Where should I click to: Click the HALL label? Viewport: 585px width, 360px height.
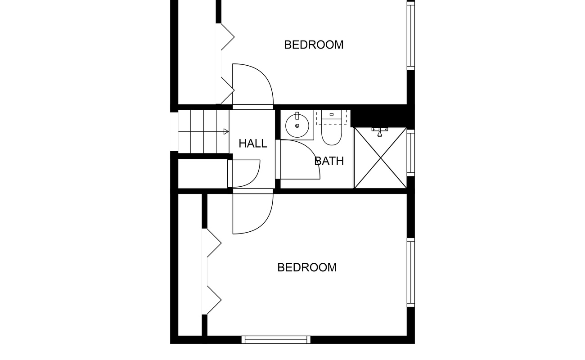point(253,144)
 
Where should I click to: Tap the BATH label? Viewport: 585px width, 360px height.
point(329,161)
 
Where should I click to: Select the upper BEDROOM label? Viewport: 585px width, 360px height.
point(314,45)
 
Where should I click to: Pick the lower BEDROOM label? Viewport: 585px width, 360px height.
point(307,267)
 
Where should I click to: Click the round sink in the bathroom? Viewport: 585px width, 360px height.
point(297,126)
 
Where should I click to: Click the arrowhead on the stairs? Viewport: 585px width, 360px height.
point(226,132)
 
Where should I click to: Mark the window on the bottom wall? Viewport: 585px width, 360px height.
point(276,340)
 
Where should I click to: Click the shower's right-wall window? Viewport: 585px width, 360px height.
point(411,153)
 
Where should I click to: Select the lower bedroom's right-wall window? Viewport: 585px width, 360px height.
point(411,273)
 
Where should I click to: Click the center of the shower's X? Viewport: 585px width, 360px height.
point(381,158)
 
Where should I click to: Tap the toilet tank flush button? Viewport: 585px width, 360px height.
point(332,114)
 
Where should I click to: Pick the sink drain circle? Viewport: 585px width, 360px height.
point(297,126)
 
